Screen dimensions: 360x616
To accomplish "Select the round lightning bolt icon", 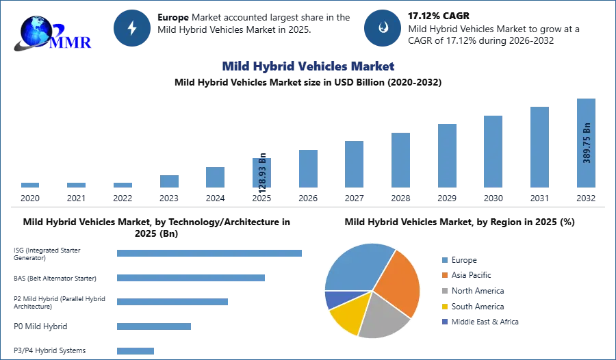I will coord(132,28).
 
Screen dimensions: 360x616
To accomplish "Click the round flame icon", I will coord(383,28).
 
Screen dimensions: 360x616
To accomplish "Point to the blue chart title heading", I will coord(308,66).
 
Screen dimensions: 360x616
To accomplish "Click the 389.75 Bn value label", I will coord(587,142).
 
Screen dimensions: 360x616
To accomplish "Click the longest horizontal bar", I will coord(210,253).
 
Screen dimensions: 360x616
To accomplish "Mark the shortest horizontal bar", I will coord(137,350).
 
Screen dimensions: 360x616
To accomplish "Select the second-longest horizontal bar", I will coord(191,279).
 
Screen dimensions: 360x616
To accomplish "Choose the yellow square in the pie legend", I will coord(444,307).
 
